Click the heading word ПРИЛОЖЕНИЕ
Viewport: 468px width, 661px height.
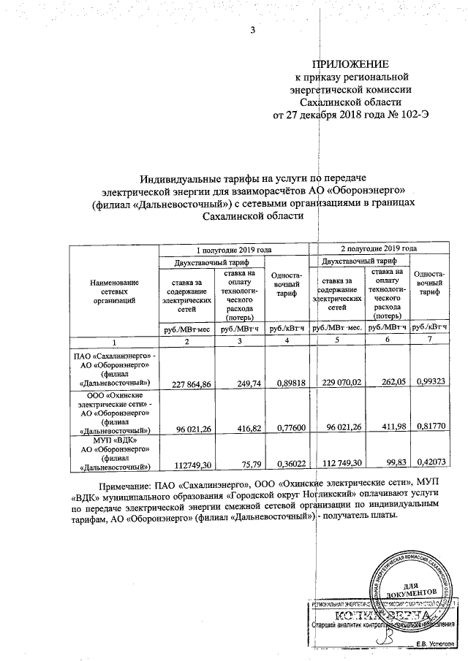coord(350,64)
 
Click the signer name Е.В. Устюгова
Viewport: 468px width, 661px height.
coord(432,643)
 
